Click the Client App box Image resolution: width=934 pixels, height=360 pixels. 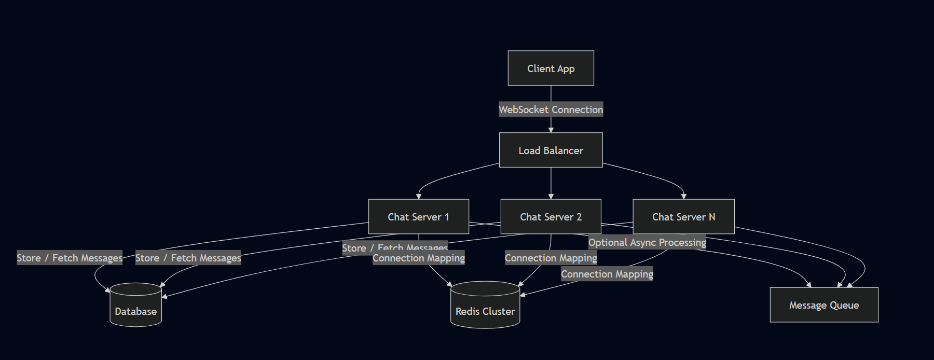point(551,68)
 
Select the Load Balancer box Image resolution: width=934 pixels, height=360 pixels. point(551,150)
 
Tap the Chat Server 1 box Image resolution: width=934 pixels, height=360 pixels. point(418,216)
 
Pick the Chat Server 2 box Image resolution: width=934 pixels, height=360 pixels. point(551,216)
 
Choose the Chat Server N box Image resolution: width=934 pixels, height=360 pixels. point(683,216)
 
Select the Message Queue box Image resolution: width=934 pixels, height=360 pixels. point(823,305)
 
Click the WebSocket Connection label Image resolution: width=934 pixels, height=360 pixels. point(551,109)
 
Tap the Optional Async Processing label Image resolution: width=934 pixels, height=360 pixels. point(647,242)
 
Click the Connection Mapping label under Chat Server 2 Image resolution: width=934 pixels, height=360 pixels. point(551,258)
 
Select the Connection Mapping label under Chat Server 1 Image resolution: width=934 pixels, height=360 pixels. point(418,258)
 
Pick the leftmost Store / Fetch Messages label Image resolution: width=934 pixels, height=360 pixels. point(69,258)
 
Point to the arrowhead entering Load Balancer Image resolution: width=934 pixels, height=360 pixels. point(551,130)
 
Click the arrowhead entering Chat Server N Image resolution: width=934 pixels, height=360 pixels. point(683,197)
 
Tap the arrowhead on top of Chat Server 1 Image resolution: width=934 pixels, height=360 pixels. point(418,197)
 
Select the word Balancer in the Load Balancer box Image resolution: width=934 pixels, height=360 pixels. point(563,150)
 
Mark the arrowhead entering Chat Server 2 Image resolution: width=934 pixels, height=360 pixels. point(551,197)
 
